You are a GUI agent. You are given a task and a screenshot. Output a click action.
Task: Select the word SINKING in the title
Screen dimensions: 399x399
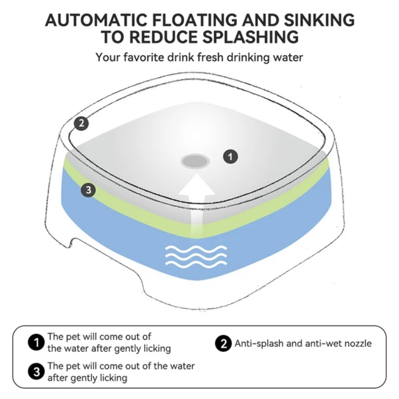[x=319, y=20]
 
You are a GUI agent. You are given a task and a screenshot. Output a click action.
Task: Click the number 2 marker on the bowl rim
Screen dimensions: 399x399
[x=81, y=124]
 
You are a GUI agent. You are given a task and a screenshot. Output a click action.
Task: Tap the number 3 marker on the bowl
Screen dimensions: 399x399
[x=88, y=190]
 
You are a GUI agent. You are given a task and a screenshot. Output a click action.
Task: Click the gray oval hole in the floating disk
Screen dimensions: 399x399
[x=195, y=161]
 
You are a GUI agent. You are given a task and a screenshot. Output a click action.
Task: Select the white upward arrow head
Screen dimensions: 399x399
[x=197, y=185]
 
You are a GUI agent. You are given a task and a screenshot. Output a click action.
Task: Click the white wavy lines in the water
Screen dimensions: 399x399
[x=196, y=255]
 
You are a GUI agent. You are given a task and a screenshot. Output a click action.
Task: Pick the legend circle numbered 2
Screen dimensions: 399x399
[x=223, y=343]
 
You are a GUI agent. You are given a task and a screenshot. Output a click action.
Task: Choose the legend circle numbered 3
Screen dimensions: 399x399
[x=36, y=372]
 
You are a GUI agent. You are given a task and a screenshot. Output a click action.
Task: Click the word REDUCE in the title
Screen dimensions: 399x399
[x=163, y=37]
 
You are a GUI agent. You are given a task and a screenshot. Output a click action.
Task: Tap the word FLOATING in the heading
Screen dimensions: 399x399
[x=196, y=20]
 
